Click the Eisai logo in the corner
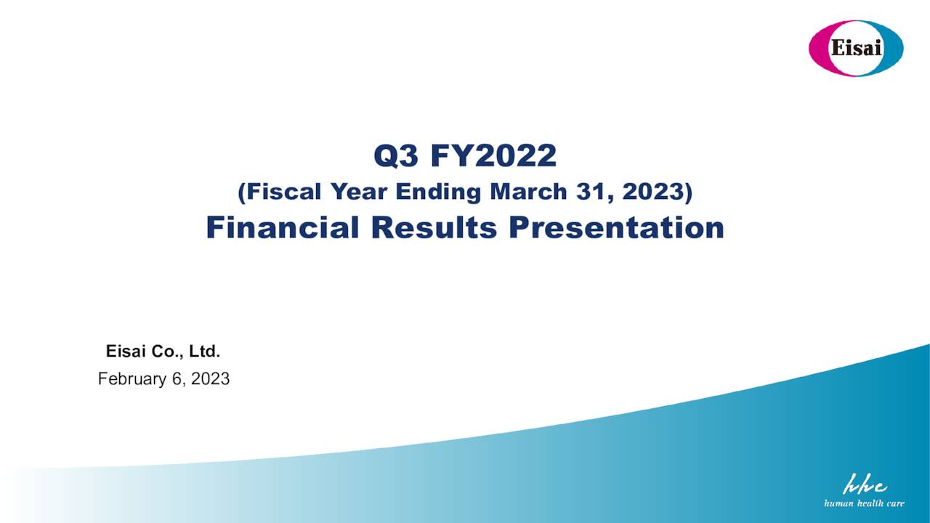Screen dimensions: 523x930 click(x=856, y=48)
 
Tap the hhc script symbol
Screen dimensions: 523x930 click(x=865, y=485)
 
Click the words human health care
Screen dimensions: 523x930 click(x=864, y=503)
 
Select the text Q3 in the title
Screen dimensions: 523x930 click(x=397, y=155)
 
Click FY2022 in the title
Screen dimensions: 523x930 click(x=493, y=155)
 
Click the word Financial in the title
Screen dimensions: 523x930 click(x=283, y=227)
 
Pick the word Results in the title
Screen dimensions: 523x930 click(x=434, y=227)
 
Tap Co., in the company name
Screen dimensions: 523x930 click(x=167, y=352)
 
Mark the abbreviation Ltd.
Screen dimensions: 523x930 click(x=205, y=352)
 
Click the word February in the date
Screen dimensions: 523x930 click(x=132, y=378)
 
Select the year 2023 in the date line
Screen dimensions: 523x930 click(x=211, y=378)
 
